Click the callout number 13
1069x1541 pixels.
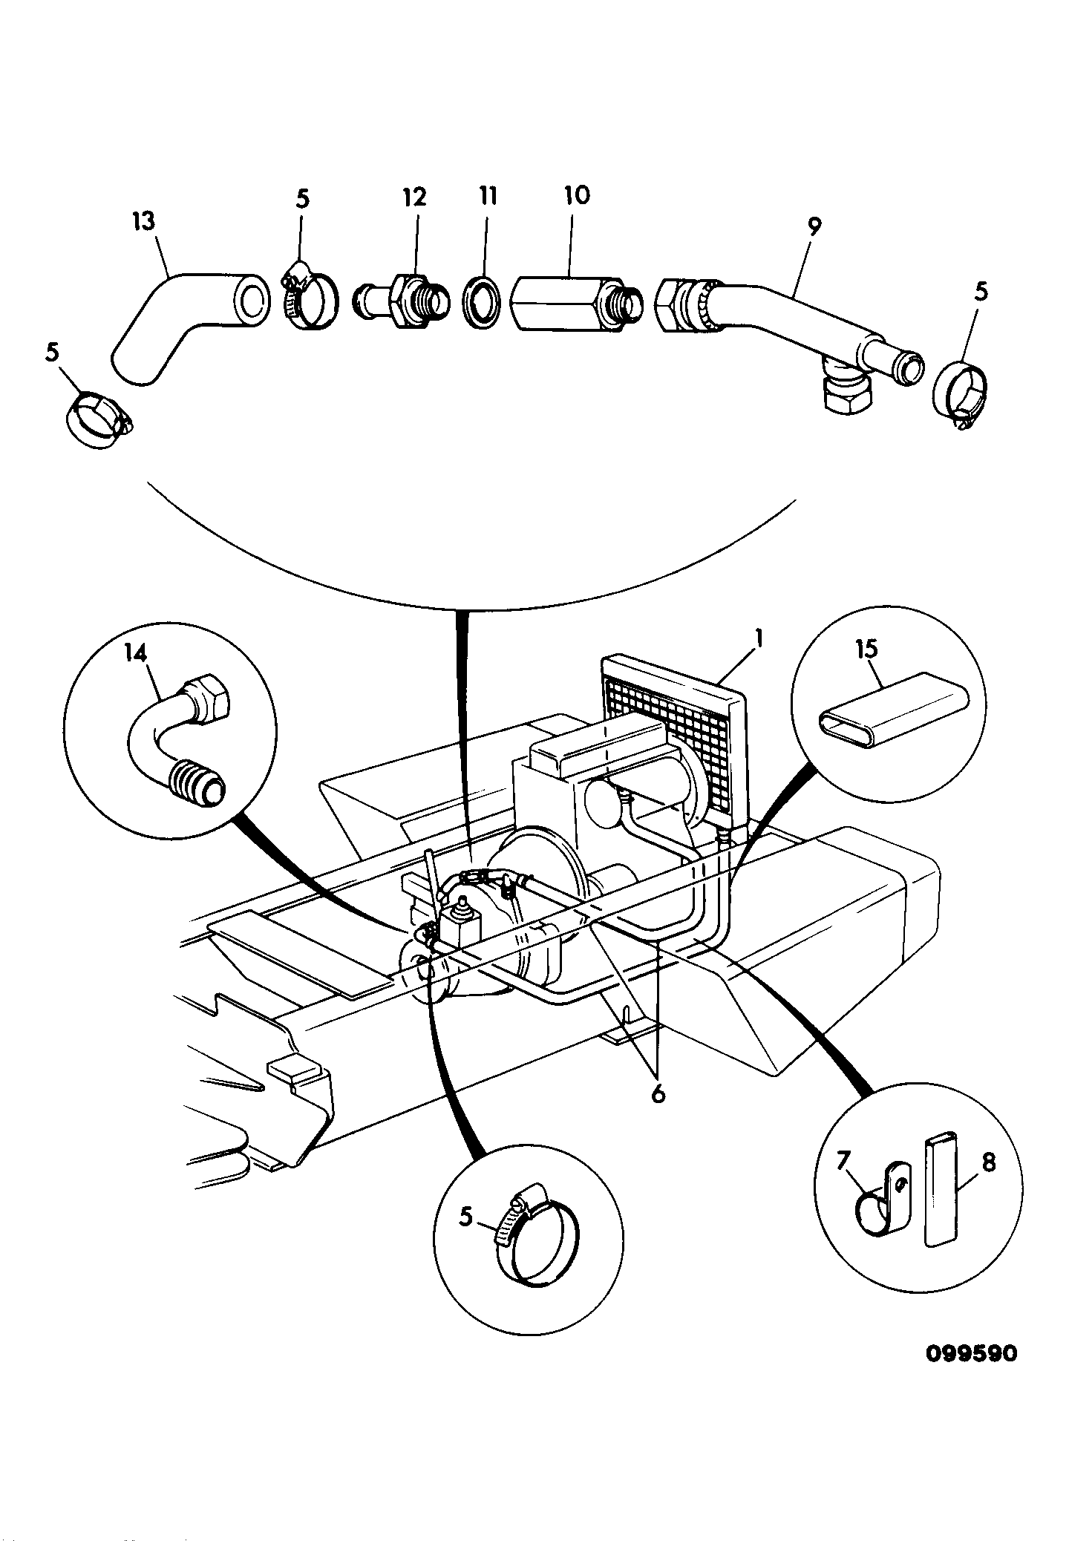(x=146, y=222)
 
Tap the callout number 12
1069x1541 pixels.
(x=415, y=197)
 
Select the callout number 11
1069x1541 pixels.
(x=487, y=196)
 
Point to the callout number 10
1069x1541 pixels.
(x=577, y=194)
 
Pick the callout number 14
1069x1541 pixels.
(x=137, y=652)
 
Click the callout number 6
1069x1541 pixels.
(x=658, y=1095)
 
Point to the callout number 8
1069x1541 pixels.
(x=987, y=1163)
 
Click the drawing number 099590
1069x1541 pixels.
(x=971, y=1353)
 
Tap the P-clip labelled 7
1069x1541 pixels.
(x=881, y=1205)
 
